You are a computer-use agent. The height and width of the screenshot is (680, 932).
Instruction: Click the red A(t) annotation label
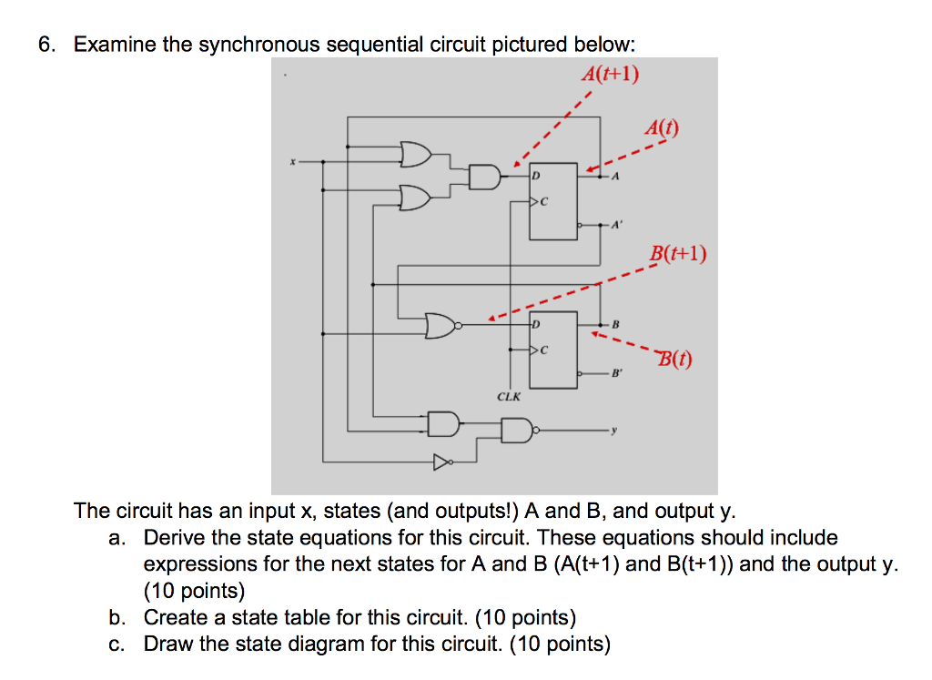click(x=661, y=127)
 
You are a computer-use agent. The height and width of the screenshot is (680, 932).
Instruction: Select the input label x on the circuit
click(x=292, y=161)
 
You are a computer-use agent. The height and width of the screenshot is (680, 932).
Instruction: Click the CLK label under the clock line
click(x=509, y=396)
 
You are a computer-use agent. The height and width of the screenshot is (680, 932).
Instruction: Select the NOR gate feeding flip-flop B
click(x=441, y=325)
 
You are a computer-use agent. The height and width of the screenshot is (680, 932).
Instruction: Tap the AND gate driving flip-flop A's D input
click(x=485, y=177)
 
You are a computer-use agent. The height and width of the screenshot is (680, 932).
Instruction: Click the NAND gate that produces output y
click(x=517, y=429)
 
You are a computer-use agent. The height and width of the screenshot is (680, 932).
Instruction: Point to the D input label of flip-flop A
click(x=536, y=174)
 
